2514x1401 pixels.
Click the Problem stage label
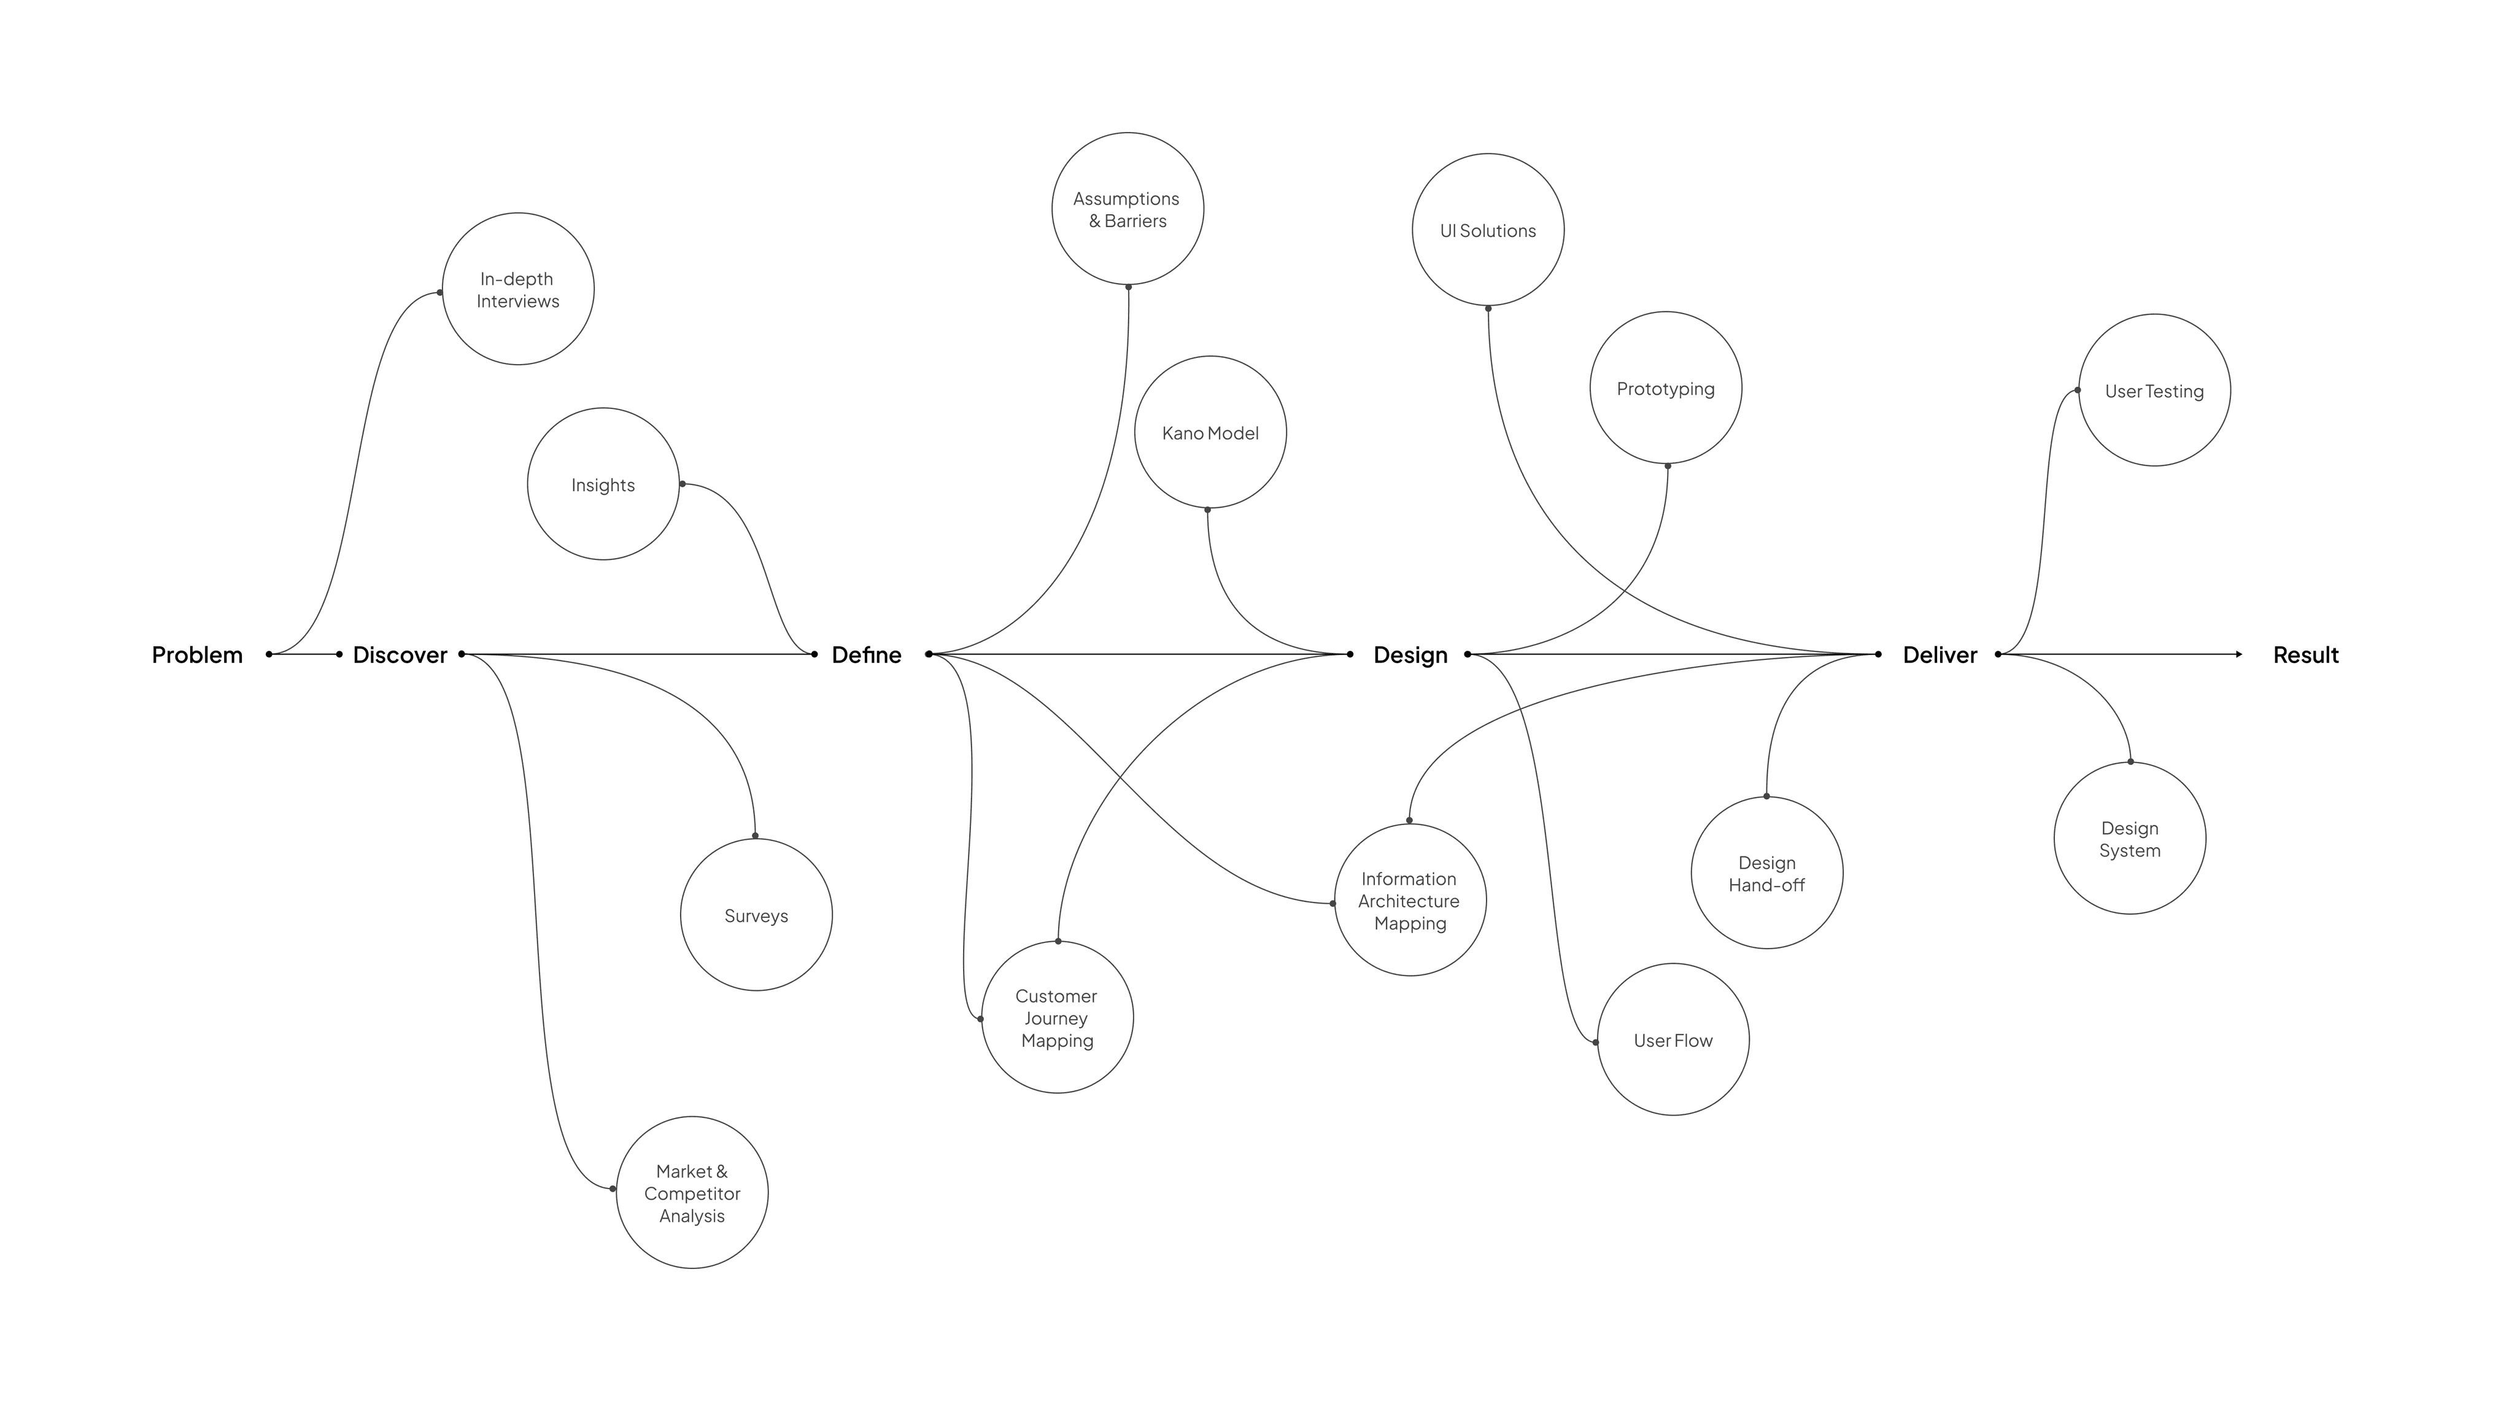click(197, 655)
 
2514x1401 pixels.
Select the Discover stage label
click(400, 655)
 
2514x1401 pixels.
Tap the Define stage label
click(867, 655)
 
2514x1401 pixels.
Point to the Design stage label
click(1410, 655)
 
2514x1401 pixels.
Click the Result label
click(2305, 655)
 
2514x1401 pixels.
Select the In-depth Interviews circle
click(518, 289)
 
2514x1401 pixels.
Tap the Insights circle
click(603, 484)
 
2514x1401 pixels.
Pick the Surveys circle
click(756, 915)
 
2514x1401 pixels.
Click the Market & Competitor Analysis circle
click(692, 1192)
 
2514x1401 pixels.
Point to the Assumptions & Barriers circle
click(1127, 209)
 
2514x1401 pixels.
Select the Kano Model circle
click(1210, 432)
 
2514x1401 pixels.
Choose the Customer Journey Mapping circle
click(1057, 1017)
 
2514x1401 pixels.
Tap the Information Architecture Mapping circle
click(1410, 900)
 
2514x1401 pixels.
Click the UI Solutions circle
click(1488, 230)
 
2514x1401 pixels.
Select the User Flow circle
click(1673, 1040)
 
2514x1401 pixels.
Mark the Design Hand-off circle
click(1766, 873)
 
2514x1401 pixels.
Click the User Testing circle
click(2154, 390)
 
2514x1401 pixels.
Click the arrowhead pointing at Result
click(2239, 654)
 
